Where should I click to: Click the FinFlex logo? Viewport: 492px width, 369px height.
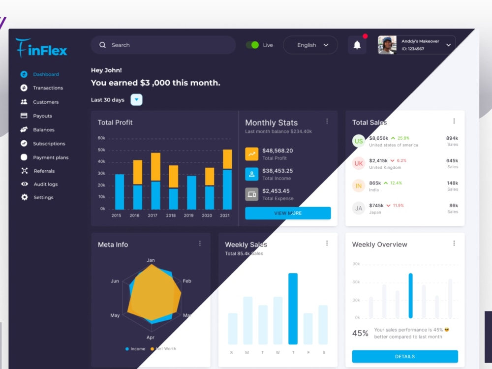(x=41, y=49)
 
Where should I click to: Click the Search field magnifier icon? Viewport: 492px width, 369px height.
(x=102, y=45)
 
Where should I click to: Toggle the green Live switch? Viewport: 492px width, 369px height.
(x=252, y=45)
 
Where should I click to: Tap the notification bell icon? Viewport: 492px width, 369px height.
(x=357, y=45)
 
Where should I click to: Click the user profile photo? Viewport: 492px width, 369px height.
(x=387, y=45)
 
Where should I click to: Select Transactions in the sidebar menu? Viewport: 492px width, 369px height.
(x=48, y=88)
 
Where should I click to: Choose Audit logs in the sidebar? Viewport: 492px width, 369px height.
(x=45, y=184)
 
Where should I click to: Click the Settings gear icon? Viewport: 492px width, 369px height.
(x=24, y=197)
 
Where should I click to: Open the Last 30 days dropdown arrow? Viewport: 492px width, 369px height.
(x=137, y=100)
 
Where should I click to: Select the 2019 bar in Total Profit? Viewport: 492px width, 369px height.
(x=191, y=192)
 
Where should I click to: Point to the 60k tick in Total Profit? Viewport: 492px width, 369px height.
(x=101, y=138)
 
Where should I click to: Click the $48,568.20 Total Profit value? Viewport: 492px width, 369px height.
(x=277, y=151)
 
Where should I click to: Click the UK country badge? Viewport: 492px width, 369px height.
(x=359, y=163)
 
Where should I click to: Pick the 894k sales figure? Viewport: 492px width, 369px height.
(x=452, y=138)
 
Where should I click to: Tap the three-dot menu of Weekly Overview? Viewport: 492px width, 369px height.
(x=454, y=244)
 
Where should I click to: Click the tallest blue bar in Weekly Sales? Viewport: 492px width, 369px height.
(x=293, y=308)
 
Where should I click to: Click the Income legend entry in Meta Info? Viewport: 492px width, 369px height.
(x=135, y=349)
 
